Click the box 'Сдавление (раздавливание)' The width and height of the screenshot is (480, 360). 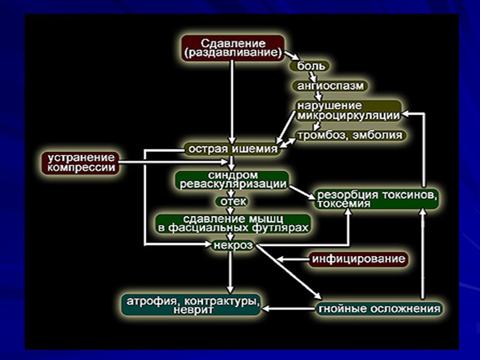pos(233,48)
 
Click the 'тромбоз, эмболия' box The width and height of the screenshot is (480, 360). pos(349,135)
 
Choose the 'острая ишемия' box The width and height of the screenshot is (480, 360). pos(233,148)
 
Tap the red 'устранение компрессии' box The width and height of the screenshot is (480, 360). pos(79,163)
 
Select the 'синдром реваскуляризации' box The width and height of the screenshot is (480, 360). pos(231,180)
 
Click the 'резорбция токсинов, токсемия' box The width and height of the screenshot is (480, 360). pos(377,200)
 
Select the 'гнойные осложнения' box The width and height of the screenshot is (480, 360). pos(379,309)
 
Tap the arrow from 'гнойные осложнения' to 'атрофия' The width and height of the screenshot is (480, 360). pos(289,309)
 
